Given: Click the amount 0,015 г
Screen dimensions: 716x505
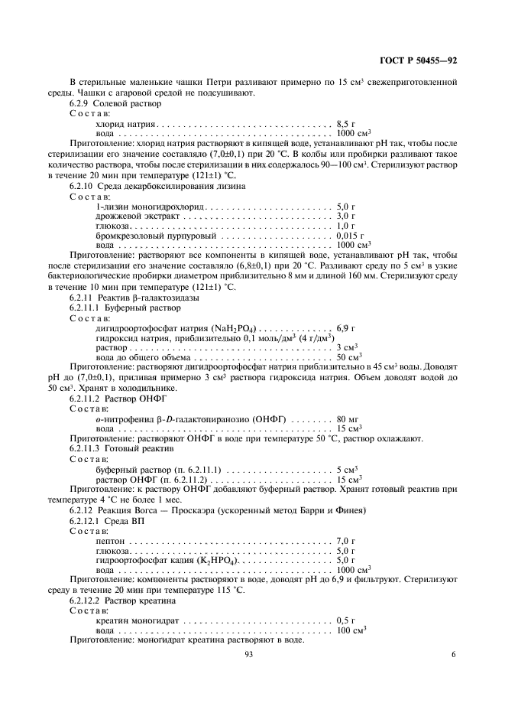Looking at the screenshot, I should click(351, 236).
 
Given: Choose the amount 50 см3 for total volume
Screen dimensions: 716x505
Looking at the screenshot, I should click(349, 357).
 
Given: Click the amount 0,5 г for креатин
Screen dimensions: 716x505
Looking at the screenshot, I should click(346, 620).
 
